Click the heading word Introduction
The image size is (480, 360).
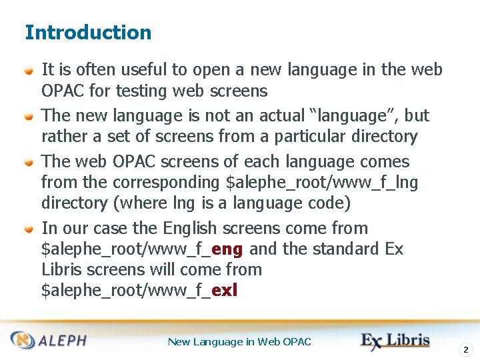[x=88, y=32]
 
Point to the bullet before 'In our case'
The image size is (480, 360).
[x=29, y=229]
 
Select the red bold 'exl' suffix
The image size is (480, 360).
[x=224, y=291]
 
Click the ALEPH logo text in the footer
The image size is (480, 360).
[x=61, y=341]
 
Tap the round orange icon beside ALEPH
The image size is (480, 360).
[x=25, y=341]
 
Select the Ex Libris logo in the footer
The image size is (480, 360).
[x=395, y=340]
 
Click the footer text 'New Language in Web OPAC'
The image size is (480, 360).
[x=239, y=341]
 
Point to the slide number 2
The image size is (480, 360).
[x=466, y=349]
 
